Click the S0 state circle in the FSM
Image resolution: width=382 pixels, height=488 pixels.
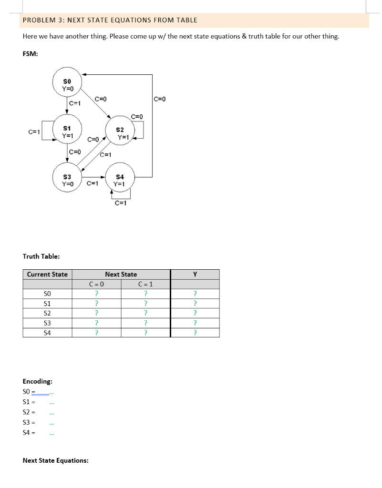67,85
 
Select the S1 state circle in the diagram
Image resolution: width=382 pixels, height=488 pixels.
67,132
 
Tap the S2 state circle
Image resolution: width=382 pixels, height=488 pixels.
120,133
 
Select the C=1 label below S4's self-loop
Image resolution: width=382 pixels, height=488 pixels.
121,203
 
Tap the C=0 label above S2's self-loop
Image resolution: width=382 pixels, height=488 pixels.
137,116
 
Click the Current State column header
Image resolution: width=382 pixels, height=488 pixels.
47,274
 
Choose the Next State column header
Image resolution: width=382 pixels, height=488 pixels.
121,274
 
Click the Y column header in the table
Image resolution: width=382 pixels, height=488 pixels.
195,274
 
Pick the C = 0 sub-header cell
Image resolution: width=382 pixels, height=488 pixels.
96,285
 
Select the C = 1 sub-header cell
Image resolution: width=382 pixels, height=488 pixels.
145,285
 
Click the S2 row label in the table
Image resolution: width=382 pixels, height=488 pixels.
47,313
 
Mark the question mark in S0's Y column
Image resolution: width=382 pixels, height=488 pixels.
195,294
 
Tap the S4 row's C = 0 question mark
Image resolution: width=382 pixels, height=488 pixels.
96,333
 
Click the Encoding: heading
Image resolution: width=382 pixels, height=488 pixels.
38,381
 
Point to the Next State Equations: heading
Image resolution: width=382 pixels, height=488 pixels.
55,460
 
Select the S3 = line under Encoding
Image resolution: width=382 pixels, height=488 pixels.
29,423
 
